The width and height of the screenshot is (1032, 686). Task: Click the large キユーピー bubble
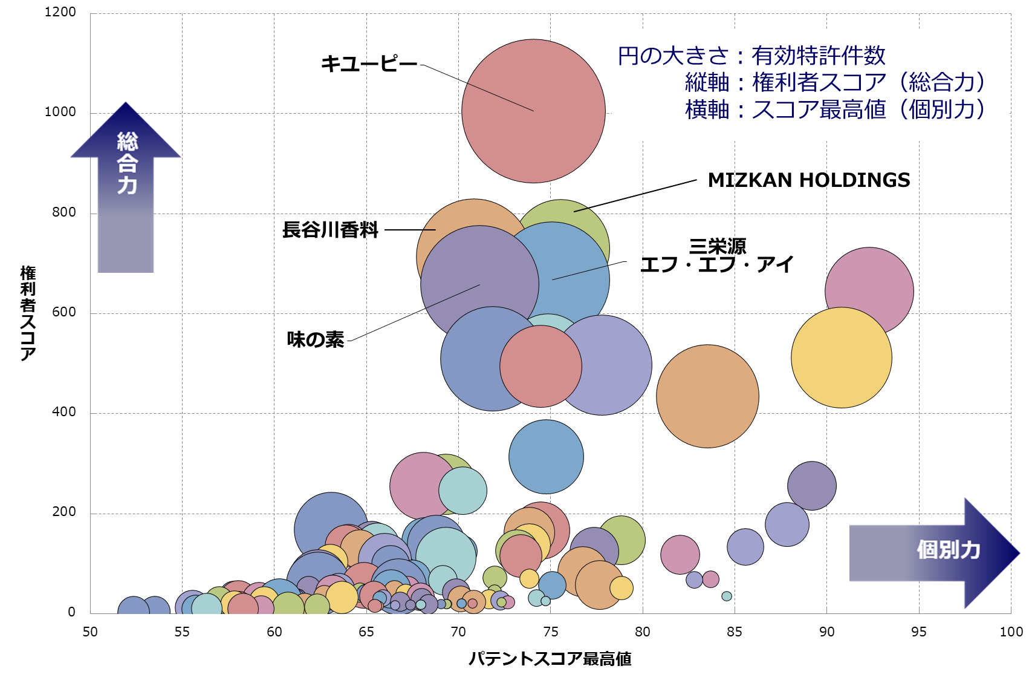[x=533, y=111]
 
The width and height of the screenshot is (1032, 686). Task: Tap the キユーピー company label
[x=369, y=64]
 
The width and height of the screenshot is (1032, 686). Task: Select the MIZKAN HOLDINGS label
[x=808, y=180]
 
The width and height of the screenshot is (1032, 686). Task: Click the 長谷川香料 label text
[x=330, y=230]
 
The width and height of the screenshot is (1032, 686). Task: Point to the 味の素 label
[x=315, y=339]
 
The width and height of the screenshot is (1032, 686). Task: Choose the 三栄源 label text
[x=718, y=246]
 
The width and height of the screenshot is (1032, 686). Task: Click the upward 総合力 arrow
[x=126, y=181]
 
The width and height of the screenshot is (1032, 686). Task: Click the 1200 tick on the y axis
[x=60, y=12]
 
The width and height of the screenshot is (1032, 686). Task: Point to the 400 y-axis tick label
[x=64, y=412]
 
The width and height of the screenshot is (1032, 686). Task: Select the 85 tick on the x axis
[x=734, y=632]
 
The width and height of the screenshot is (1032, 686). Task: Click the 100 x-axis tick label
[x=1011, y=632]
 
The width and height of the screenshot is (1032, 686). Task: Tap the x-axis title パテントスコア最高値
[x=550, y=659]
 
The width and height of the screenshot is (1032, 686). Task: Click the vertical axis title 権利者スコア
[x=28, y=313]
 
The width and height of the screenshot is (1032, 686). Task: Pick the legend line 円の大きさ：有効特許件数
[x=751, y=56]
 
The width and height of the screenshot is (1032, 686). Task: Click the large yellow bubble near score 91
[x=841, y=358]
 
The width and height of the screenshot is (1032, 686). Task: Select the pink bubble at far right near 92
[x=869, y=284]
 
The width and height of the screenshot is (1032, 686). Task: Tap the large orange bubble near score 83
[x=707, y=396]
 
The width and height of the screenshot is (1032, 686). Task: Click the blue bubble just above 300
[x=546, y=457]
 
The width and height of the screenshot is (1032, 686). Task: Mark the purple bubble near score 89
[x=811, y=486]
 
